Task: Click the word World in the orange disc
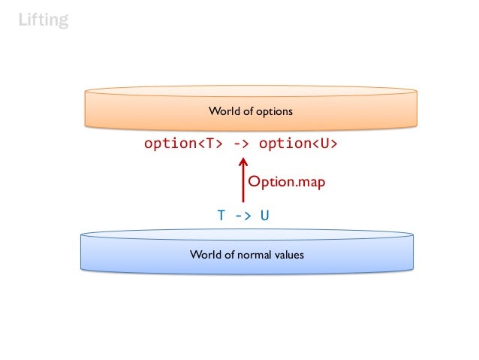pyautogui.click(x=223, y=112)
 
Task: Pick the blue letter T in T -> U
pyautogui.click(x=221, y=216)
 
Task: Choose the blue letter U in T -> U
pyautogui.click(x=265, y=216)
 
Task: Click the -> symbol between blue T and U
pyautogui.click(x=243, y=216)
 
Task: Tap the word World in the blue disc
pyautogui.click(x=205, y=255)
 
